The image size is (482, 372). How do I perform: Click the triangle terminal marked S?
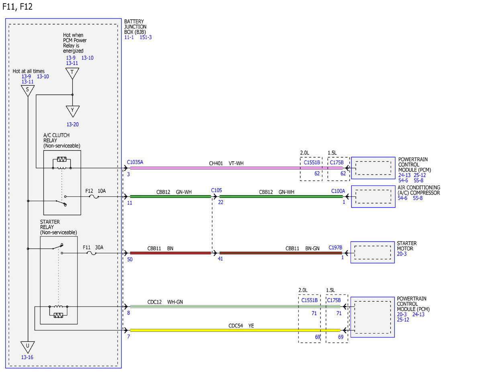[27, 90]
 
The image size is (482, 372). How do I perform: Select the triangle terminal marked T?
[72, 73]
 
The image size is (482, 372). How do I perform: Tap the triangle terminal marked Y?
[73, 111]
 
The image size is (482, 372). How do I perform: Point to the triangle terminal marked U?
[27, 347]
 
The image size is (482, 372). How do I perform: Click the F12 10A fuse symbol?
[95, 197]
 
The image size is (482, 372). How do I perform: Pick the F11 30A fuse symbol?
[92, 253]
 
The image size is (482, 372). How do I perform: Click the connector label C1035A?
[135, 162]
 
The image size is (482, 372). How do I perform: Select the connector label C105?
[216, 190]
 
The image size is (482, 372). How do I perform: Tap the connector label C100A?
[338, 191]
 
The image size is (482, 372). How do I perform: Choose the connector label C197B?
[335, 248]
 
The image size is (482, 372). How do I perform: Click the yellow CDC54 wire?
[235, 330]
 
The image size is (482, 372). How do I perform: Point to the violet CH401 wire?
[236, 168]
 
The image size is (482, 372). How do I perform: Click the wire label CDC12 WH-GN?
[165, 302]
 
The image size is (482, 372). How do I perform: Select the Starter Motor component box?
[372, 252]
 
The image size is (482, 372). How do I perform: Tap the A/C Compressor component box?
[373, 197]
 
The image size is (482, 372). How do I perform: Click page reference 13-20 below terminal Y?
[73, 124]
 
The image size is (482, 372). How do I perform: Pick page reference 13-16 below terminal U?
[27, 357]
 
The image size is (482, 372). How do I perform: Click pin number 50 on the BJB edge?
[130, 260]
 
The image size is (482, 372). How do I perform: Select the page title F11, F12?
[17, 7]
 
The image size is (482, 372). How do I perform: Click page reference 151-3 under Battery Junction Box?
[145, 37]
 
